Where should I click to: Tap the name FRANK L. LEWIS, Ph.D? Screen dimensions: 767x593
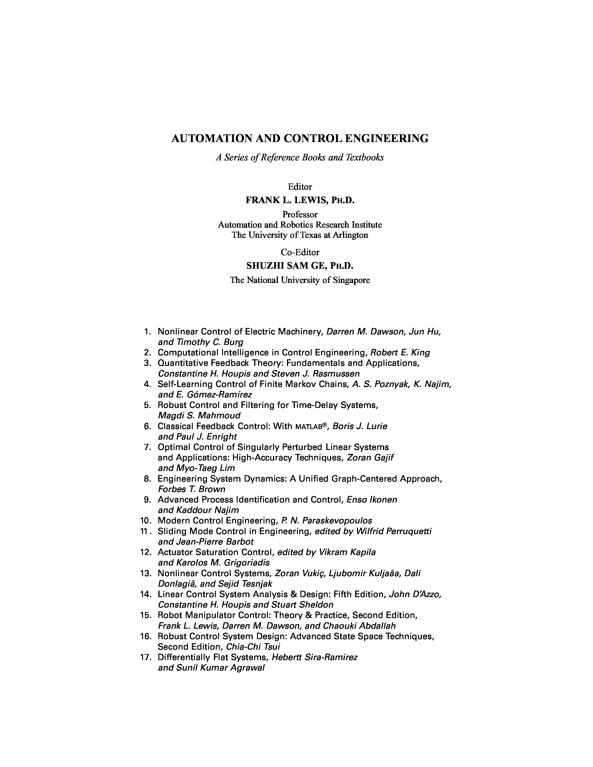point(300,200)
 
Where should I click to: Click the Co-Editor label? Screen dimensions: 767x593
point(300,252)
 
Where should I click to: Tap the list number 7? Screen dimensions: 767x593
point(147,447)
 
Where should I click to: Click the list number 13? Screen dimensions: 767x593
point(145,573)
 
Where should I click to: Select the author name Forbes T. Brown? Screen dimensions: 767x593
point(191,489)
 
